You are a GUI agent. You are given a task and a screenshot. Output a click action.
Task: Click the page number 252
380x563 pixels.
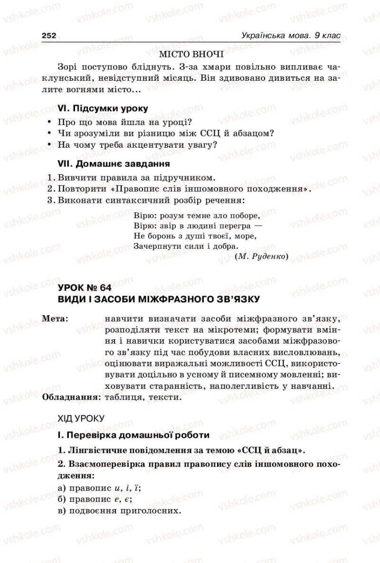(49, 36)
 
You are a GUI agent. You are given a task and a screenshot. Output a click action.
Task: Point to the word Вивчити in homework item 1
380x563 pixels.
(74, 178)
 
